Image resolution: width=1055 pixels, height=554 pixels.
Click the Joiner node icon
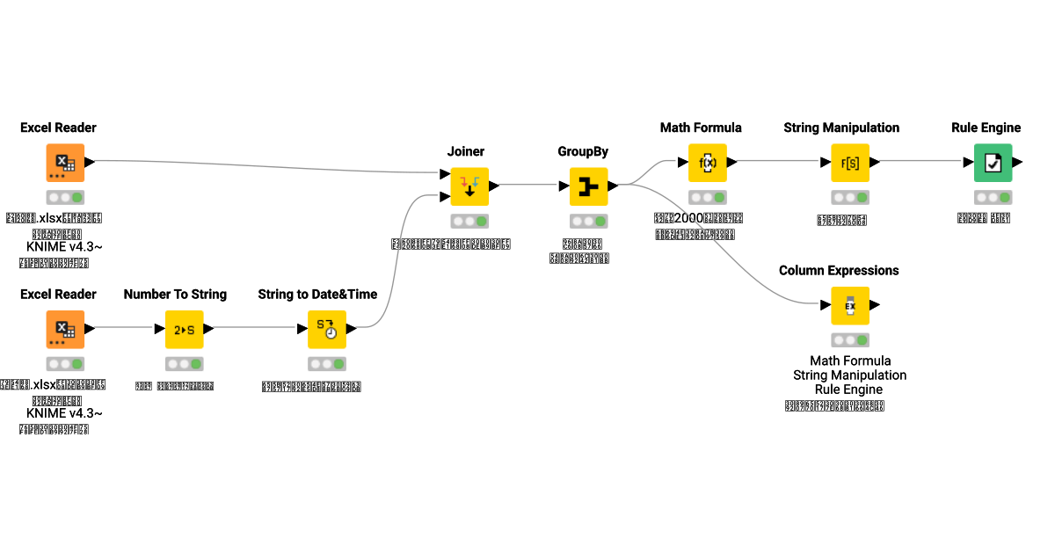[469, 186]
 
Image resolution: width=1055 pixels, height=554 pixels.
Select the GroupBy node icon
[588, 186]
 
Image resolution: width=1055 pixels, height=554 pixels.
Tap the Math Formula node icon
[707, 163]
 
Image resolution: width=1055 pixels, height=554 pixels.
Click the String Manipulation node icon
[849, 163]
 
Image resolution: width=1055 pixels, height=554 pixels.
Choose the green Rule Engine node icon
[993, 163]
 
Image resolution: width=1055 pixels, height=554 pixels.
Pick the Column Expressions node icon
[849, 306]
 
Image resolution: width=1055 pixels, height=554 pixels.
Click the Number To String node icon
[184, 329]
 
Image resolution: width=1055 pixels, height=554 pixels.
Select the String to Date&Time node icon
[326, 329]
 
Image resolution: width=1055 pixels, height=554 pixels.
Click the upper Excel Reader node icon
[65, 163]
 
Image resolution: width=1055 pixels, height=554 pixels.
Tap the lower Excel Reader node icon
[65, 329]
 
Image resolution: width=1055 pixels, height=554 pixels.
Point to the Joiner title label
[465, 151]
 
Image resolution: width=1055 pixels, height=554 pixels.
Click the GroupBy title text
[583, 151]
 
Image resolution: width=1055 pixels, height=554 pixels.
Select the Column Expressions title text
[839, 270]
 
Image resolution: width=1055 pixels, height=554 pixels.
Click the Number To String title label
[175, 294]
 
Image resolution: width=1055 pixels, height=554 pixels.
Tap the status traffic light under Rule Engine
[993, 197]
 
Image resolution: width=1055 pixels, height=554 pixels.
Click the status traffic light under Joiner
[469, 221]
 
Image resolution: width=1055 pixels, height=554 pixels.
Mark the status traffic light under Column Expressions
[849, 340]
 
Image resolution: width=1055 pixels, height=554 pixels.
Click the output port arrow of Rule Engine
[1017, 163]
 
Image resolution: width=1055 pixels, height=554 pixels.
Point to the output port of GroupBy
[613, 186]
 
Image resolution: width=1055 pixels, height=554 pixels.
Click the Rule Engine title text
[986, 128]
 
